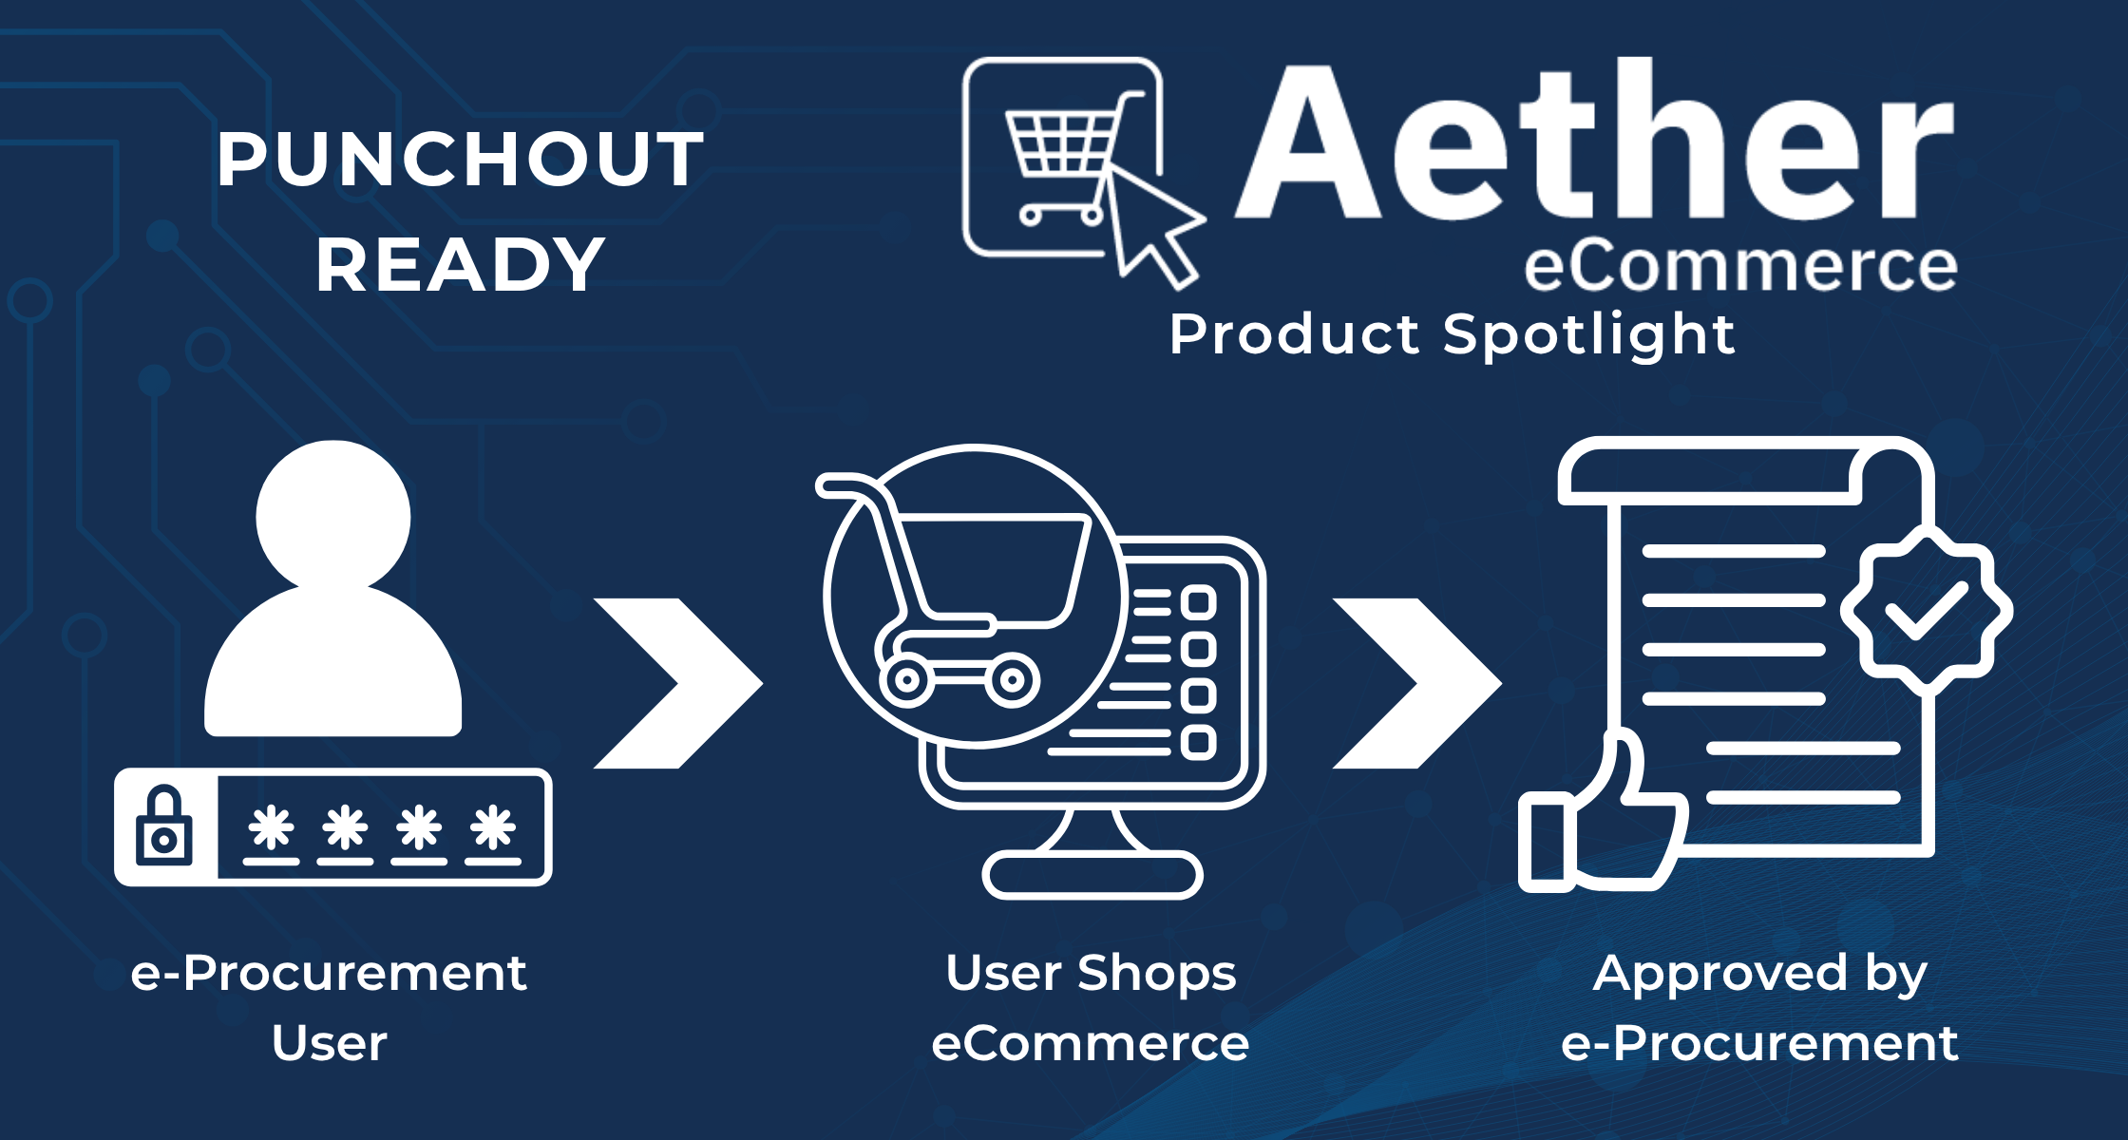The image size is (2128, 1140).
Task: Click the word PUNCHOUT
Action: pyautogui.click(x=460, y=159)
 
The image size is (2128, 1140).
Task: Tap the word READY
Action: pyautogui.click(x=461, y=264)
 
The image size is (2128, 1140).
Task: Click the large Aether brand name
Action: pyautogui.click(x=1595, y=141)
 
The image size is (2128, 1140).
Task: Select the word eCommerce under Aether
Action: pyautogui.click(x=1740, y=265)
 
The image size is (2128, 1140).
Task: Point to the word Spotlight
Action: pyautogui.click(x=1589, y=334)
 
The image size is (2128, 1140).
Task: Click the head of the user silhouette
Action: pyautogui.click(x=333, y=516)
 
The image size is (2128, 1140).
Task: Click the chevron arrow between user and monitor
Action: pyautogui.click(x=677, y=683)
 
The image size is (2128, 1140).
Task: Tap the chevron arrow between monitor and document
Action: pyautogui.click(x=1416, y=683)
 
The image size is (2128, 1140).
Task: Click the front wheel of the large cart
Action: pyautogui.click(x=1013, y=679)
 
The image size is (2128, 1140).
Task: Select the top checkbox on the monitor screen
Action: pyautogui.click(x=1199, y=602)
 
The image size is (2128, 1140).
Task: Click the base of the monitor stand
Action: pyautogui.click(x=1092, y=875)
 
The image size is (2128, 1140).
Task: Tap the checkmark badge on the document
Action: pyautogui.click(x=1926, y=611)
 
